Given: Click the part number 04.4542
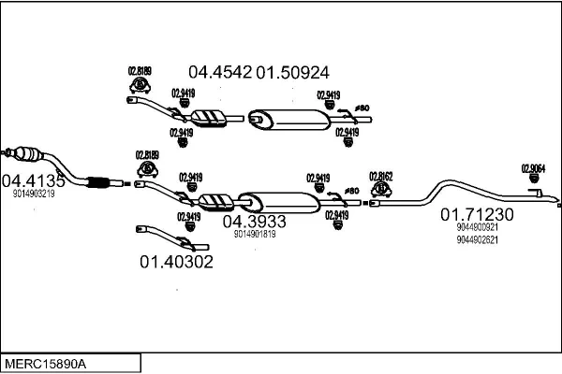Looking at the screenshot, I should point(221,71).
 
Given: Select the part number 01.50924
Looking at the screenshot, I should point(293,71).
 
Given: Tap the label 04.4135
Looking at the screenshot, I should point(33,180).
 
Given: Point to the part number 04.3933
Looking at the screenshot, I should point(254,221).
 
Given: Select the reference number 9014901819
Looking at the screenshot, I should point(255,234).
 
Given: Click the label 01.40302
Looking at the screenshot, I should point(176,261).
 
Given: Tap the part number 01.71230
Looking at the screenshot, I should point(478,214).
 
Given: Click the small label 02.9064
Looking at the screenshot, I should point(534,168).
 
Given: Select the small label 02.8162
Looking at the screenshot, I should point(381,175).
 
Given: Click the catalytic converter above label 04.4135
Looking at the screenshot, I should point(28,154).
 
